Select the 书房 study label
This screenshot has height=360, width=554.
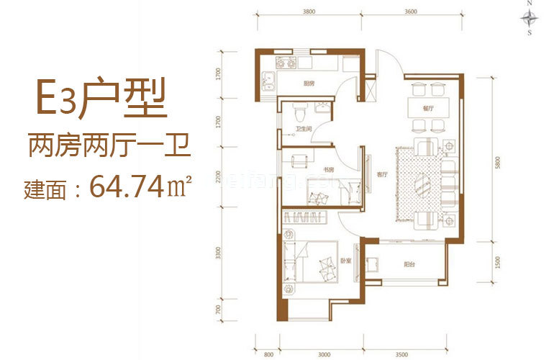[328, 170]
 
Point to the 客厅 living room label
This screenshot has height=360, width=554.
[381, 174]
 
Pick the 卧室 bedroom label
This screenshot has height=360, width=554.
[345, 262]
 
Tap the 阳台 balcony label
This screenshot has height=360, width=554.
[409, 265]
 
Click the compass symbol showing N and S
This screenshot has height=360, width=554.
[530, 17]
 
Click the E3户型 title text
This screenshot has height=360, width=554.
[102, 101]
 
